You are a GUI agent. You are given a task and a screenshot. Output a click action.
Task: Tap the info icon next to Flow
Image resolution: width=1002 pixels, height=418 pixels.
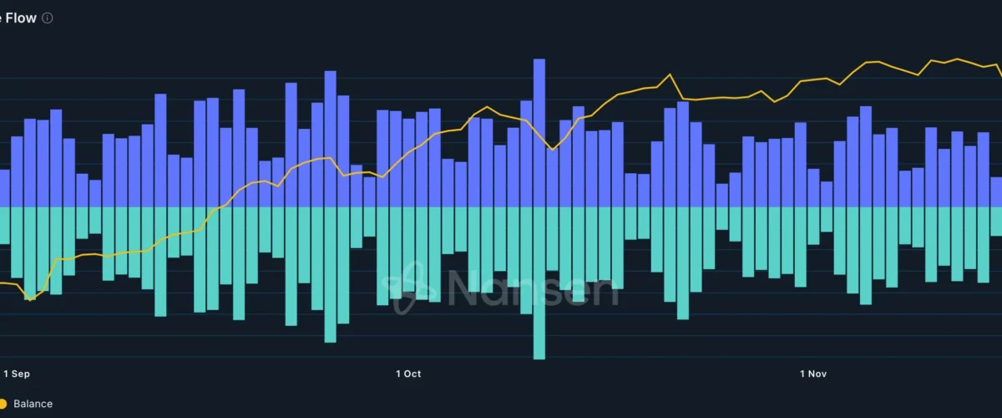tap(48, 18)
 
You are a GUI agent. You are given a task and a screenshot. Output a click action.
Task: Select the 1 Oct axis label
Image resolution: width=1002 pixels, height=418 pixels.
tap(408, 374)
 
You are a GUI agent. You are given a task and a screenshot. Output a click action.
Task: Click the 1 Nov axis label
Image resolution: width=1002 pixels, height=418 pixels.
tap(813, 374)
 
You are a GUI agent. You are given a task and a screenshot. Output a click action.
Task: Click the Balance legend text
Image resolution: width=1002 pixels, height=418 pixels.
tap(33, 404)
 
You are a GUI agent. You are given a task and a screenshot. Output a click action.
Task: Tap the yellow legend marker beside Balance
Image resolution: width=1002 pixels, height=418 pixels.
tap(3, 404)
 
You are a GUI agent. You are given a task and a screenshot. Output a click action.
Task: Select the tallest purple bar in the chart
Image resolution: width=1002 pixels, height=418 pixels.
tap(539, 134)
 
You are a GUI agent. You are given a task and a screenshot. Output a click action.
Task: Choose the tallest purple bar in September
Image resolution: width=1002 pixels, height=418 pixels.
tap(330, 139)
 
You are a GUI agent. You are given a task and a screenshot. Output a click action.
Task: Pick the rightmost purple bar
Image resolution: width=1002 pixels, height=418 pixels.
tap(996, 192)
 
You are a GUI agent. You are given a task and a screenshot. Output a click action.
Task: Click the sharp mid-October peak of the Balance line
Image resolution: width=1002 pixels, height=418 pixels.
tap(670, 74)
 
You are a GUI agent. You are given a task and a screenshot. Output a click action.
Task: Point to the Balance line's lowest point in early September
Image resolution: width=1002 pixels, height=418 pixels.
tap(31, 298)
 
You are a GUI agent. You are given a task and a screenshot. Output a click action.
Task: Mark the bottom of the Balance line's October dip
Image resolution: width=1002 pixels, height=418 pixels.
tap(551, 150)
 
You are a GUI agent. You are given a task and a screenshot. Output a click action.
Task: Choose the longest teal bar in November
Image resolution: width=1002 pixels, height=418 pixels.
tap(866, 255)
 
